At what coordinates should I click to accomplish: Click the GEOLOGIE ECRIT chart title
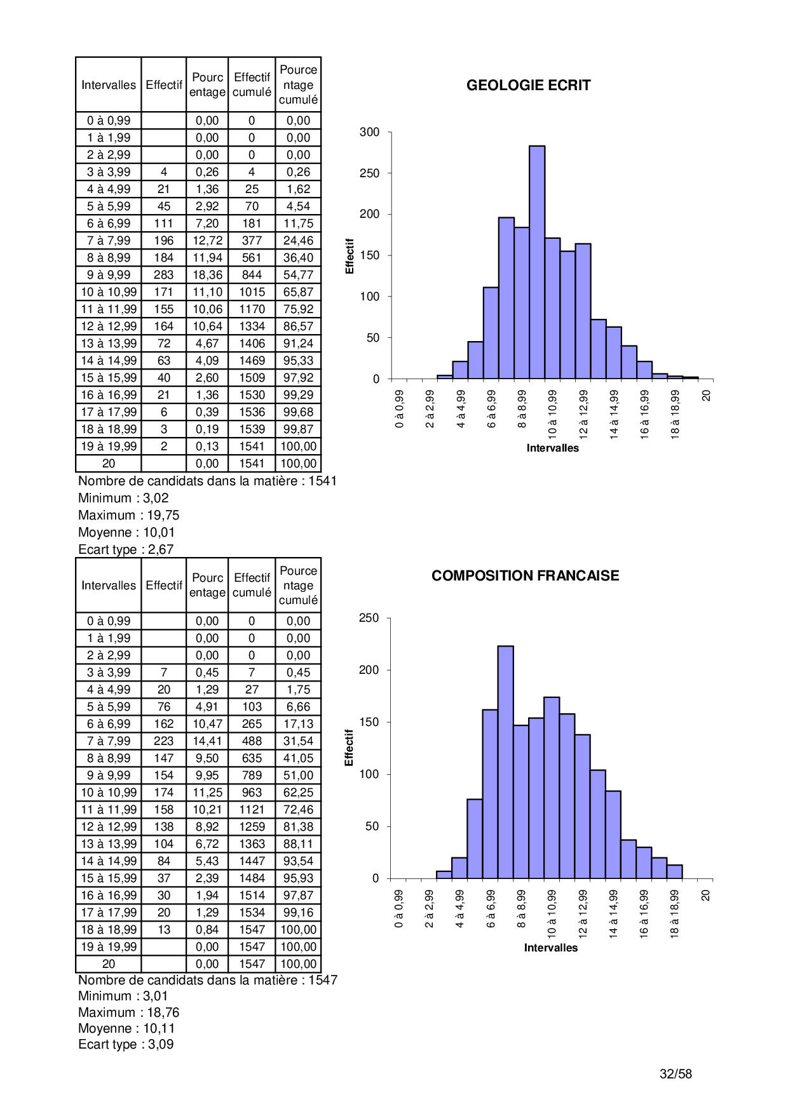click(x=528, y=85)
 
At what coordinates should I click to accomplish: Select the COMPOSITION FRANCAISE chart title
click(x=525, y=575)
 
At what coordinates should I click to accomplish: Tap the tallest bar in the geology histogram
click(x=536, y=262)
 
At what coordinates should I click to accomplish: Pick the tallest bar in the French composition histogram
click(x=505, y=762)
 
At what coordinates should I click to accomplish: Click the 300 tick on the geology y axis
click(x=369, y=132)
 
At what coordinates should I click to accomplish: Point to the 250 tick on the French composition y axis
click(x=369, y=618)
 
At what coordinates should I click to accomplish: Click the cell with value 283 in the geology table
click(x=163, y=275)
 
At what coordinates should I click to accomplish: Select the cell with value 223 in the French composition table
click(x=163, y=741)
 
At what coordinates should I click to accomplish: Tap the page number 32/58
click(x=676, y=1074)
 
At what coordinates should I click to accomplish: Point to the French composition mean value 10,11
click(x=159, y=1028)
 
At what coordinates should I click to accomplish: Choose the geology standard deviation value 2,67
click(x=161, y=549)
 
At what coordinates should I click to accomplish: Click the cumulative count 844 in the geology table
click(x=252, y=275)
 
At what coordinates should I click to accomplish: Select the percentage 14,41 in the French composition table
click(x=207, y=741)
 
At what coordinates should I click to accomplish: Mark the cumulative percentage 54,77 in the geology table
click(x=298, y=275)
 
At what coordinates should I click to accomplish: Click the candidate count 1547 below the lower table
click(x=323, y=980)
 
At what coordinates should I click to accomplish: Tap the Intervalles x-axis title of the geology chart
click(x=552, y=448)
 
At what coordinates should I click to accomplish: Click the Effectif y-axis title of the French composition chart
click(x=349, y=748)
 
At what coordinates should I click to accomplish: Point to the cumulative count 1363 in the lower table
click(x=252, y=844)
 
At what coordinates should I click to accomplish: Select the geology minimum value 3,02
click(x=156, y=498)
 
